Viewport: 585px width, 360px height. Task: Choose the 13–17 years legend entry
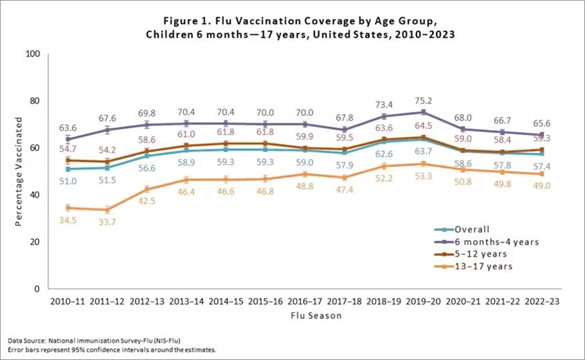click(x=483, y=266)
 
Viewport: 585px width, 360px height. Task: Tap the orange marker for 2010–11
click(x=68, y=207)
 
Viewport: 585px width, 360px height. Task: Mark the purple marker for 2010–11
click(x=68, y=139)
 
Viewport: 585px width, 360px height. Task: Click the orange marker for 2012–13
click(x=147, y=189)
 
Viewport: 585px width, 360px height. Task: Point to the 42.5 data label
click(x=147, y=201)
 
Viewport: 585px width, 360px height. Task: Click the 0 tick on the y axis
click(x=36, y=289)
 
